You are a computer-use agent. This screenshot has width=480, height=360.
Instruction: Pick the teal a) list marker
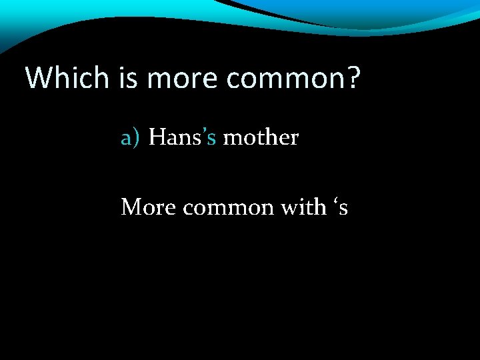(131, 138)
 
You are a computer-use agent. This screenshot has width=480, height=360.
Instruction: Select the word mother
(260, 138)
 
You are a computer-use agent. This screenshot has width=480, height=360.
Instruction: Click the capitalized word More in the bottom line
(148, 208)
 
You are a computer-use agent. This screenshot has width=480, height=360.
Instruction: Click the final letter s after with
(343, 210)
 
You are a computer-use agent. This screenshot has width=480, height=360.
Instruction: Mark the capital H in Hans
(157, 138)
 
